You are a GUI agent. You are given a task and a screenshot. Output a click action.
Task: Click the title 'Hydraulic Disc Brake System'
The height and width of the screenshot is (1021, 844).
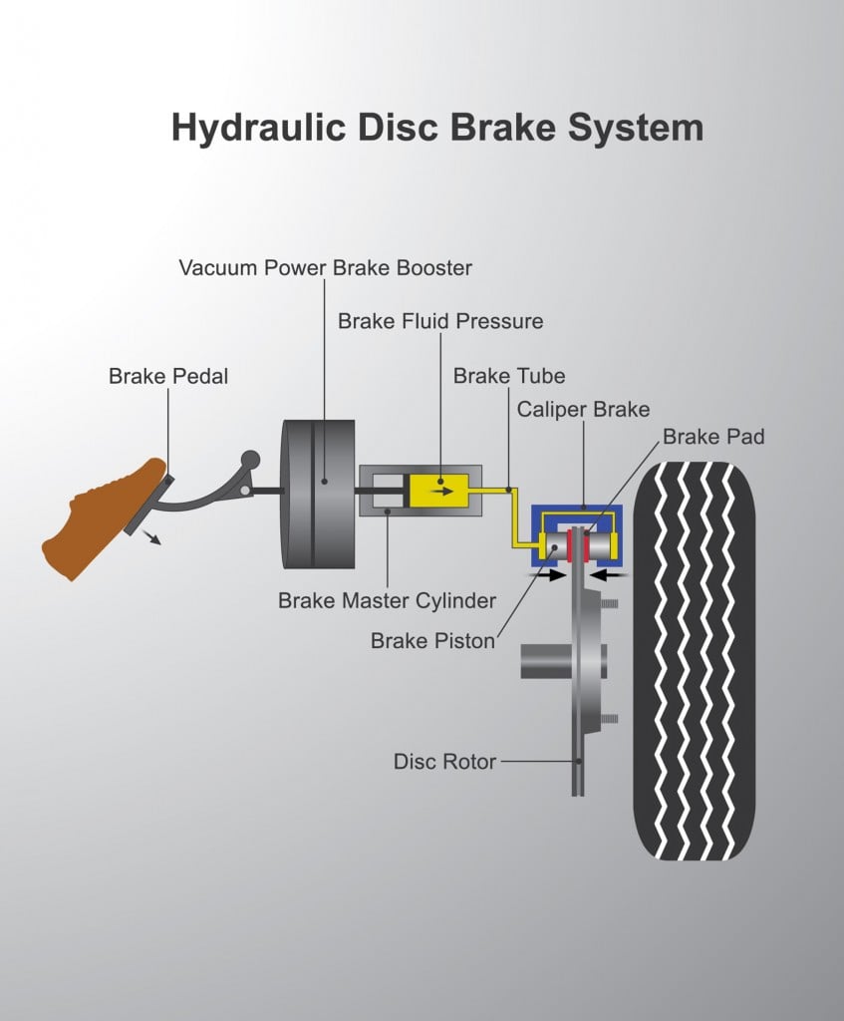click(436, 129)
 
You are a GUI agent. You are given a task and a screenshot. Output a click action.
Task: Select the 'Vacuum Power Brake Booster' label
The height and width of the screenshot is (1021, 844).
click(325, 267)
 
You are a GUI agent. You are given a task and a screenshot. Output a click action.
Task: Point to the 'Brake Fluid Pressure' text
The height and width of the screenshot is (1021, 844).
click(440, 321)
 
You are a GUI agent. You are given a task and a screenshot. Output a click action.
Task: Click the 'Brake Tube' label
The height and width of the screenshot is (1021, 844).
click(508, 376)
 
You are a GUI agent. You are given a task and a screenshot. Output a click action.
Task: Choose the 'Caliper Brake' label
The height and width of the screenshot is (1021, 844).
click(583, 409)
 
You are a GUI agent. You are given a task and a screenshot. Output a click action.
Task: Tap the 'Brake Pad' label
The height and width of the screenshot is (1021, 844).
click(713, 436)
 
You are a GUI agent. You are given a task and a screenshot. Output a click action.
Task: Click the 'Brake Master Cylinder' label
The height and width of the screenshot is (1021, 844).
click(387, 600)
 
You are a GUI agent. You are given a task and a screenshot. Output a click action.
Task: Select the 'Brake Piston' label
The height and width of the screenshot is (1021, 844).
click(432, 640)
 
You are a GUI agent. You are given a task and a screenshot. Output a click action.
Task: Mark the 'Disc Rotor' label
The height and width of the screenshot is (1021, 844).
click(444, 762)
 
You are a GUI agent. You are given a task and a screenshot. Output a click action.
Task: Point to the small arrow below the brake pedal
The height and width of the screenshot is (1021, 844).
click(152, 539)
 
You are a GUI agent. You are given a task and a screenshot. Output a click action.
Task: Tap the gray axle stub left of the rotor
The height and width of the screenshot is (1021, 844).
click(543, 660)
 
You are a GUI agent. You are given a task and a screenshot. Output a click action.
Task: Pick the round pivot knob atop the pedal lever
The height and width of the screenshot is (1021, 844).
click(250, 460)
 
